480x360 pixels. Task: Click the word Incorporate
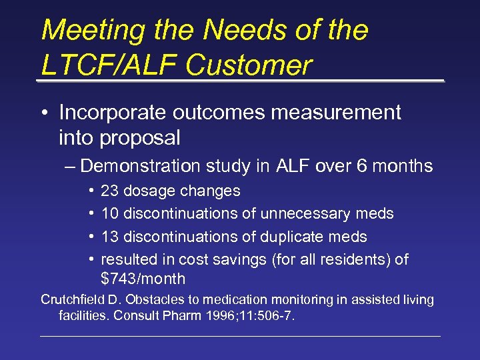point(117,113)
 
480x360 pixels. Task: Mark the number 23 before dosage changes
point(109,191)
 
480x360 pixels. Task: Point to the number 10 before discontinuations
point(109,214)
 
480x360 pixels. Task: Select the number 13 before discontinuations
point(109,237)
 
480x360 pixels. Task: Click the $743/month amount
point(143,279)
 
